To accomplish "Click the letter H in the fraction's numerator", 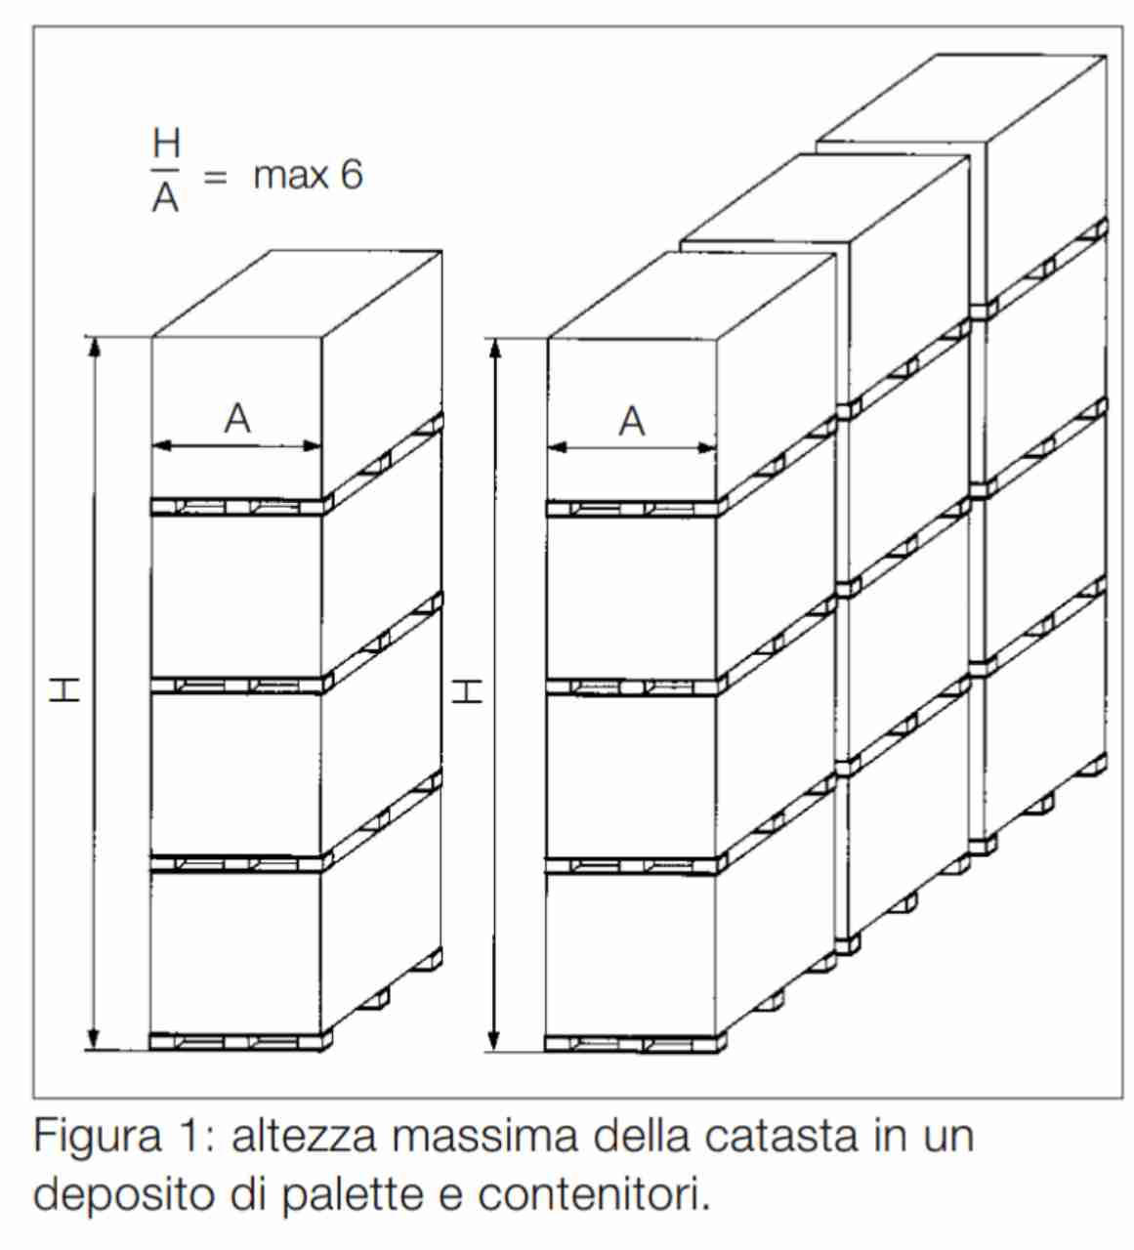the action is pos(166,143).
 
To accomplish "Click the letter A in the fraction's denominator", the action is pos(166,197).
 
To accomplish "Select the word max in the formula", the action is pos(290,177).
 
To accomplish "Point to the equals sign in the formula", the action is pos(216,177).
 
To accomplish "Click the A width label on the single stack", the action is pos(237,419).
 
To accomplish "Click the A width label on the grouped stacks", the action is pos(632,421).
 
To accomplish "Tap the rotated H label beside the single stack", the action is pos(65,691).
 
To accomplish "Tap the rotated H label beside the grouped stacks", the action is pos(468,691).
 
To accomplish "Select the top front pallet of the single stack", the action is pos(242,507).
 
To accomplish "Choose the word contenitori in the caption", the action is pos(594,1194).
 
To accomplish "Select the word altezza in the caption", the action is pos(304,1137).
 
